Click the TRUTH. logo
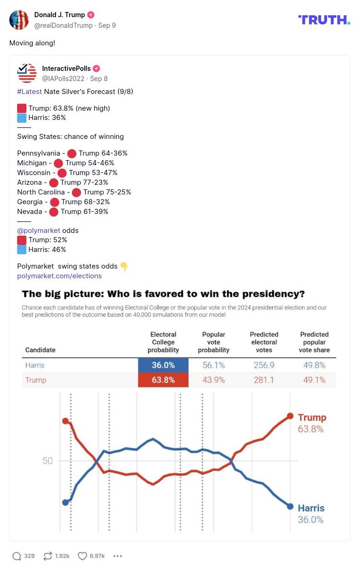coord(324,19)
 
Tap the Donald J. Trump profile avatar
coord(19,19)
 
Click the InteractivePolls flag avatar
coord(27,73)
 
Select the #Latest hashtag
coord(30,92)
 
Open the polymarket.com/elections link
coord(59,276)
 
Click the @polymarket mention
coord(38,231)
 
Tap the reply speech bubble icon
coord(17,556)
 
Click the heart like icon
coord(82,556)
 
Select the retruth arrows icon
coord(48,556)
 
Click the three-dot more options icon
coord(118,556)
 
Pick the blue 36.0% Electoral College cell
coord(163,365)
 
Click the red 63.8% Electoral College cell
coord(163,380)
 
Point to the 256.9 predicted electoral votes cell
coord(264,365)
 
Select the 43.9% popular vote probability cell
coord(214,380)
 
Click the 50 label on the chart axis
coord(48,461)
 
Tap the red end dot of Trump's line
coord(290,416)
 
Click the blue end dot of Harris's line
coord(290,506)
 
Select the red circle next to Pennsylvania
coord(71,153)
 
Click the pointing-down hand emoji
coord(124,266)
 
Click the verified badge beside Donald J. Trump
coord(91,15)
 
